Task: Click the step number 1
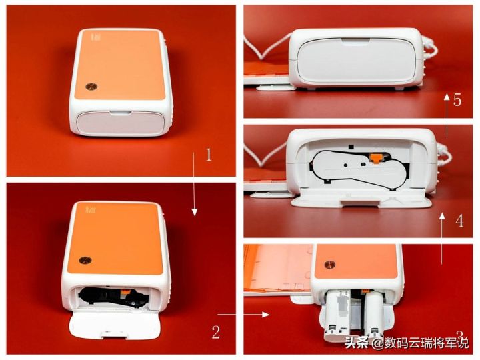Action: [209, 155]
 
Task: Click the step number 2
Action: [216, 332]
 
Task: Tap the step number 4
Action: [459, 221]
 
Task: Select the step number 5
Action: [457, 100]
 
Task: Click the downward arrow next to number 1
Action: [194, 184]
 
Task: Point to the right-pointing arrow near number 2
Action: [243, 314]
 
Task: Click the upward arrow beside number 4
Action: [442, 239]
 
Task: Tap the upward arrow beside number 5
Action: [447, 115]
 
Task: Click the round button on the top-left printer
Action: [91, 87]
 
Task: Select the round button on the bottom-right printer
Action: [330, 265]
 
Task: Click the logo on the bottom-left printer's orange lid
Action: [88, 209]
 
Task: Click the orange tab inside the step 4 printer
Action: [376, 157]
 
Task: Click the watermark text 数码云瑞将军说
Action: [427, 343]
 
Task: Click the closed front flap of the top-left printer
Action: [120, 123]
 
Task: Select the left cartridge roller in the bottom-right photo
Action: [337, 315]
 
